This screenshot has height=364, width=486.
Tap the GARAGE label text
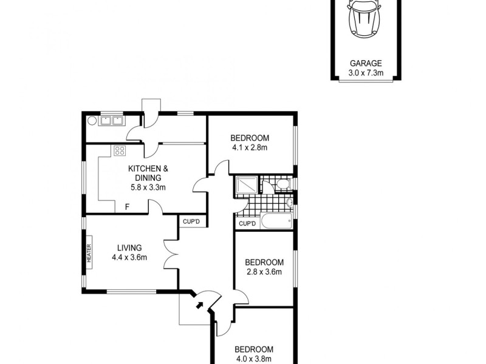[365, 63]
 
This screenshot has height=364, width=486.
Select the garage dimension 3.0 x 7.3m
[365, 72]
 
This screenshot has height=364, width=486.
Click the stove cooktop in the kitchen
[120, 152]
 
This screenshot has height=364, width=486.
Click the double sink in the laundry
[111, 120]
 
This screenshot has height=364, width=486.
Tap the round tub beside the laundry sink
[92, 120]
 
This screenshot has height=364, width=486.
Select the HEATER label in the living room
[89, 252]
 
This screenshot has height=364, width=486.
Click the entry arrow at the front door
[199, 305]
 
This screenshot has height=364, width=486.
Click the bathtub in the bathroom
[276, 223]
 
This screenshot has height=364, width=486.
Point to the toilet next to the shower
[282, 184]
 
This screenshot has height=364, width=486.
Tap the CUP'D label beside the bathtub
[247, 224]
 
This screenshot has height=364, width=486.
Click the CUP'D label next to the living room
[191, 221]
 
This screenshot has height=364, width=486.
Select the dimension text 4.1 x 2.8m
[250, 147]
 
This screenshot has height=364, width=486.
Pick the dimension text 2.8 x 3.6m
[264, 272]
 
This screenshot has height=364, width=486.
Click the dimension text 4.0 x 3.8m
[254, 359]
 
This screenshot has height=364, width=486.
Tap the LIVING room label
[129, 248]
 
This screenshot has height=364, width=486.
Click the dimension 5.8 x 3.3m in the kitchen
[148, 187]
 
